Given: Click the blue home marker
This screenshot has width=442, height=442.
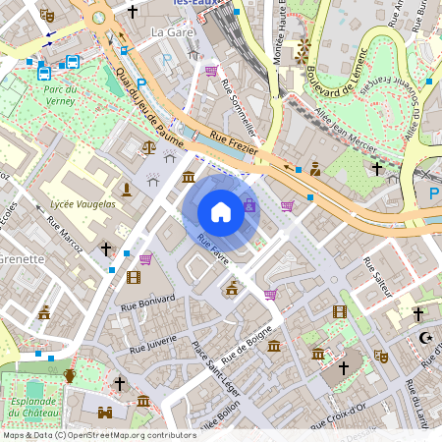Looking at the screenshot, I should click(x=221, y=212).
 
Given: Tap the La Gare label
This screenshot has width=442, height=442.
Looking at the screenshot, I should click(x=169, y=32).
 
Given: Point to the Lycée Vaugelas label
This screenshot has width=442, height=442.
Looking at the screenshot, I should click(x=83, y=203).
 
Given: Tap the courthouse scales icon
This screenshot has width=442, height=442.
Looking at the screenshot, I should click(x=148, y=146).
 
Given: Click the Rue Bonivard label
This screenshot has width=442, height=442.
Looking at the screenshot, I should click(x=147, y=299).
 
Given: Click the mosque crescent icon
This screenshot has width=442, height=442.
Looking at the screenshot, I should click(x=425, y=338).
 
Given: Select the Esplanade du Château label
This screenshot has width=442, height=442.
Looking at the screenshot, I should click(x=32, y=407).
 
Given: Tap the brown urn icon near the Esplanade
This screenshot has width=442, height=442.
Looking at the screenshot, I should click(x=70, y=375).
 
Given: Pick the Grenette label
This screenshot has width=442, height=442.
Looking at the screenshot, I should click(x=22, y=259).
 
